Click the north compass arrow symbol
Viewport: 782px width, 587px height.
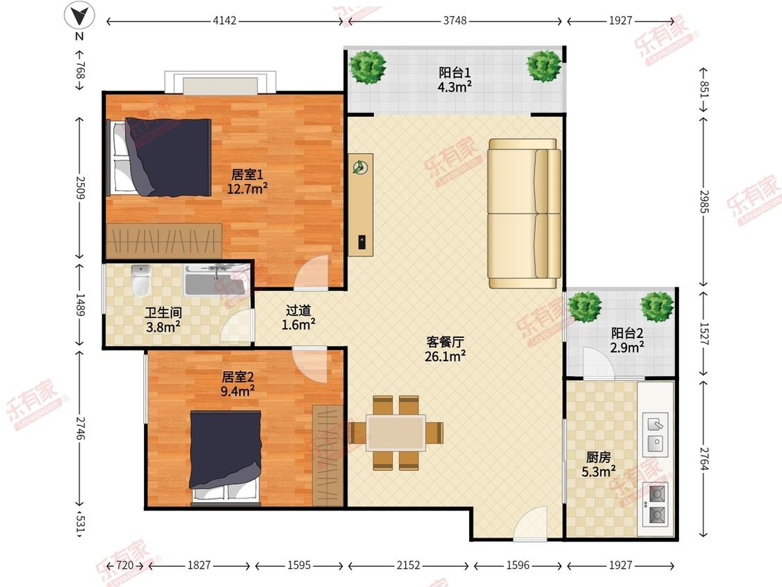(79, 16)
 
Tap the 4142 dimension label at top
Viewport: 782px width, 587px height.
(225, 20)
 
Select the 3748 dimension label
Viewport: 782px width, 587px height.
(455, 20)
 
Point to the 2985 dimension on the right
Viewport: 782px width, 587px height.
(703, 201)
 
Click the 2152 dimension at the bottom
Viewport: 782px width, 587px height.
(408, 565)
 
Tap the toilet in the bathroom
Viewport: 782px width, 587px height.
(140, 280)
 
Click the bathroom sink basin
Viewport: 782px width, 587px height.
(215, 282)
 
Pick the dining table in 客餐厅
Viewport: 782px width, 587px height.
(396, 433)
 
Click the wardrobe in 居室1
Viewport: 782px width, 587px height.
(164, 241)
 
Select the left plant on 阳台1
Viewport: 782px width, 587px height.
(368, 66)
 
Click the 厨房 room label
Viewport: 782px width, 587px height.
(598, 457)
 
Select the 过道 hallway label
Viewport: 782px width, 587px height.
(298, 310)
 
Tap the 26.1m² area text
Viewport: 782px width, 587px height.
(446, 356)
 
